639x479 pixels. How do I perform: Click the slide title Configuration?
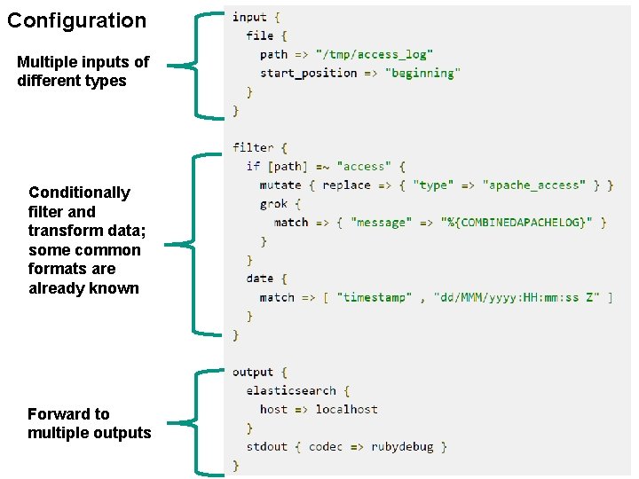(77, 20)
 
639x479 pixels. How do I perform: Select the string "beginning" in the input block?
(422, 73)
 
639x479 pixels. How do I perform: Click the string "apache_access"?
(534, 185)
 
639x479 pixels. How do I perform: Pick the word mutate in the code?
(280, 185)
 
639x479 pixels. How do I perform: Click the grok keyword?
(274, 204)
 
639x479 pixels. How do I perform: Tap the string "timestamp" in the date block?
(373, 297)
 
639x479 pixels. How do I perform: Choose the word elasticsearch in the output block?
(291, 390)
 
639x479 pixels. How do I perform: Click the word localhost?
(346, 409)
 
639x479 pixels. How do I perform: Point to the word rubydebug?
(402, 446)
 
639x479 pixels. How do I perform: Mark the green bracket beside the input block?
(201, 65)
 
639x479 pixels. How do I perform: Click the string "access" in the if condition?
(364, 167)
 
